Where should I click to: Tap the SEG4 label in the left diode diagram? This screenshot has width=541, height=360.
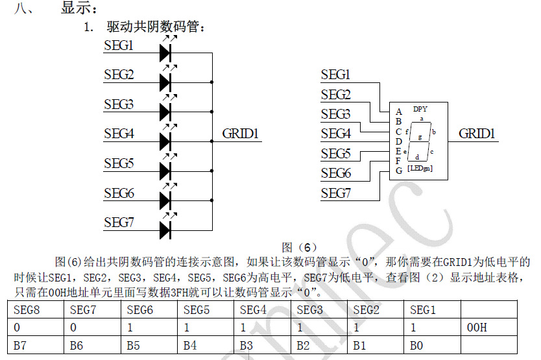(119, 134)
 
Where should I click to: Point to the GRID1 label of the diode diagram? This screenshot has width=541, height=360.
(241, 134)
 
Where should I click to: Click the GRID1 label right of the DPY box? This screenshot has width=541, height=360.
(477, 134)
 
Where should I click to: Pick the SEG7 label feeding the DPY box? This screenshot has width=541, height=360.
(335, 193)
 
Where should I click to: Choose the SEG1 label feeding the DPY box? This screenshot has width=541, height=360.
(335, 75)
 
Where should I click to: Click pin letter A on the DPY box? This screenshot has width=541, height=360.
(399, 112)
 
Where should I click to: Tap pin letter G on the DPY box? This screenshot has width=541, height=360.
(399, 171)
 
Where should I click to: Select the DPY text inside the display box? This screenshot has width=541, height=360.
(420, 109)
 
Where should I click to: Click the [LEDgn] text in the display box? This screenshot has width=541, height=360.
(420, 169)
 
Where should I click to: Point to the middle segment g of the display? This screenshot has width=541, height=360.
(420, 137)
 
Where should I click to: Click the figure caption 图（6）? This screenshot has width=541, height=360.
(299, 247)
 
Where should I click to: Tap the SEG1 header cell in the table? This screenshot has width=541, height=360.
(422, 310)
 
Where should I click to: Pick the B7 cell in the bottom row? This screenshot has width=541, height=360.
(20, 346)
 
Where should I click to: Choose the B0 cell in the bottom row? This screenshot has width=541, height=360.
(416, 346)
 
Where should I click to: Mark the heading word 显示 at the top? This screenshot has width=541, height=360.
(78, 9)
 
